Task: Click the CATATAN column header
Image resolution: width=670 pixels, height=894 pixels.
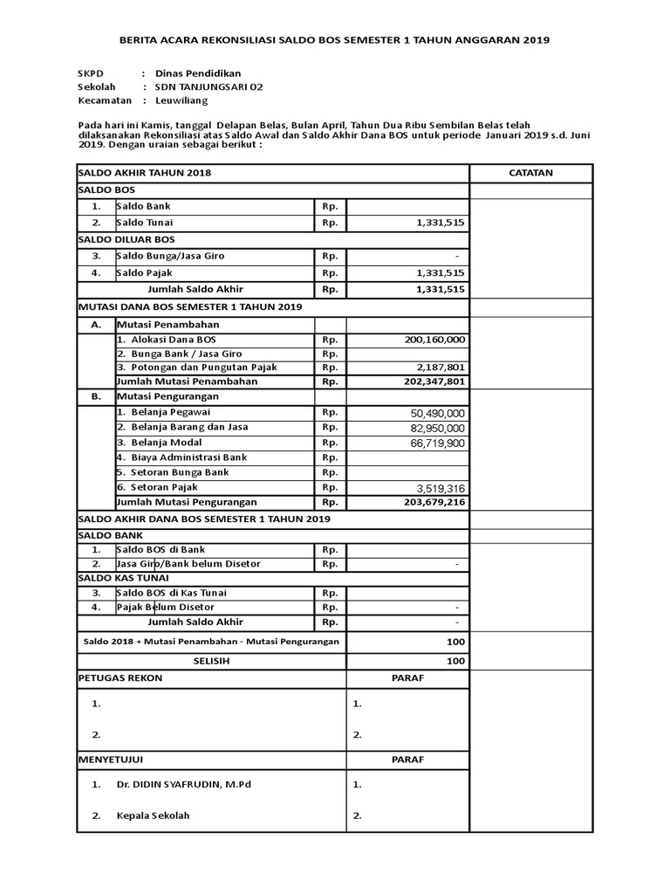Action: tap(530, 173)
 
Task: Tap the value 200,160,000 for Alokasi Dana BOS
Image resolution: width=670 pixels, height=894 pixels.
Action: tap(435, 339)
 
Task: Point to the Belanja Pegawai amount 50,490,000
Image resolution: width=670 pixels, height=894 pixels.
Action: tap(437, 413)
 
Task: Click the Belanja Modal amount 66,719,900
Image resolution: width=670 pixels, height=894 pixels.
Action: tap(437, 444)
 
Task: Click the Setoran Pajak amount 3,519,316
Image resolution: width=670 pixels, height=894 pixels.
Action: tap(441, 488)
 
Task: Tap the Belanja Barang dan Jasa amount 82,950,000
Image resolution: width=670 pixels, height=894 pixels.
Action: tap(437, 429)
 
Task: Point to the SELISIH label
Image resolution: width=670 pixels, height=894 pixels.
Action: tap(211, 661)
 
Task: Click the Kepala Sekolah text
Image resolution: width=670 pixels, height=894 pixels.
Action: tap(153, 816)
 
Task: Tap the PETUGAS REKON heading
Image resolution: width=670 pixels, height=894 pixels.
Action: tap(120, 678)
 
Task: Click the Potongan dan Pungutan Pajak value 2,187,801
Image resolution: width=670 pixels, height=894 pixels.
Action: tap(441, 368)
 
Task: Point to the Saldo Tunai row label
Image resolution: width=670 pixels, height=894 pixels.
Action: tap(144, 223)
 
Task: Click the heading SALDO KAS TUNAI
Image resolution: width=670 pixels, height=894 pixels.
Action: tap(123, 578)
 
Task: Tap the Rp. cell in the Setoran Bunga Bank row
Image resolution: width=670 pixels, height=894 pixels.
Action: tap(330, 472)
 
